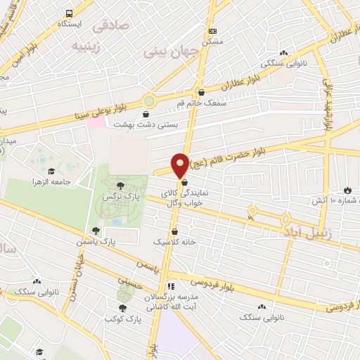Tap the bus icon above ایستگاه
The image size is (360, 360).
click(69, 13)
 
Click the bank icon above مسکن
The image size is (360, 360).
click(213, 31)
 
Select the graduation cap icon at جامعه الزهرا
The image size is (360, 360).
click(51, 171)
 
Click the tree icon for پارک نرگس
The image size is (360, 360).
click(120, 185)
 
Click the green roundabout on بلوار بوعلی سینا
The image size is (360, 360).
click(148, 100)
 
